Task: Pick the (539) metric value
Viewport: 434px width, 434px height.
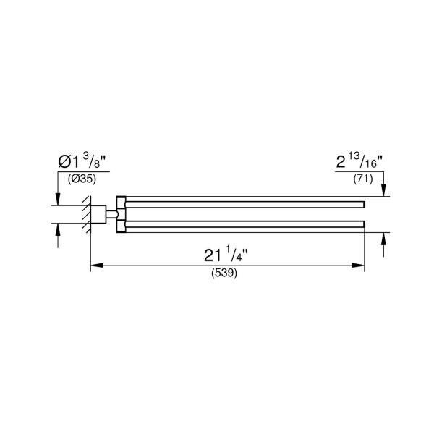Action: (226, 274)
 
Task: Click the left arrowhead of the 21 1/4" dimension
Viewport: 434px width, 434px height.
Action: (94, 265)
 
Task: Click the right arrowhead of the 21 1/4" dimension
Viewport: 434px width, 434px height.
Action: (359, 265)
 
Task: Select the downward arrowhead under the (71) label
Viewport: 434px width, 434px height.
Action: (383, 190)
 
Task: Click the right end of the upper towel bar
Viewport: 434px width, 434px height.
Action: (362, 200)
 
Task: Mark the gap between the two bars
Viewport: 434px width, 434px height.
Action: (246, 213)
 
